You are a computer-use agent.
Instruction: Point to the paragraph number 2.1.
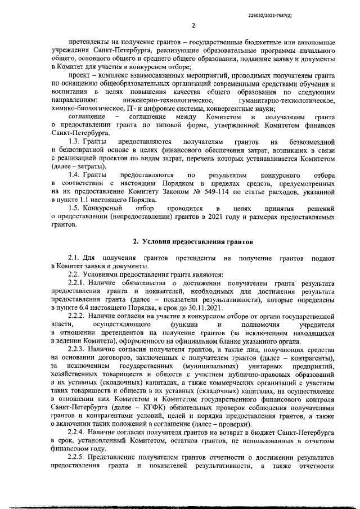point(74,258)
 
